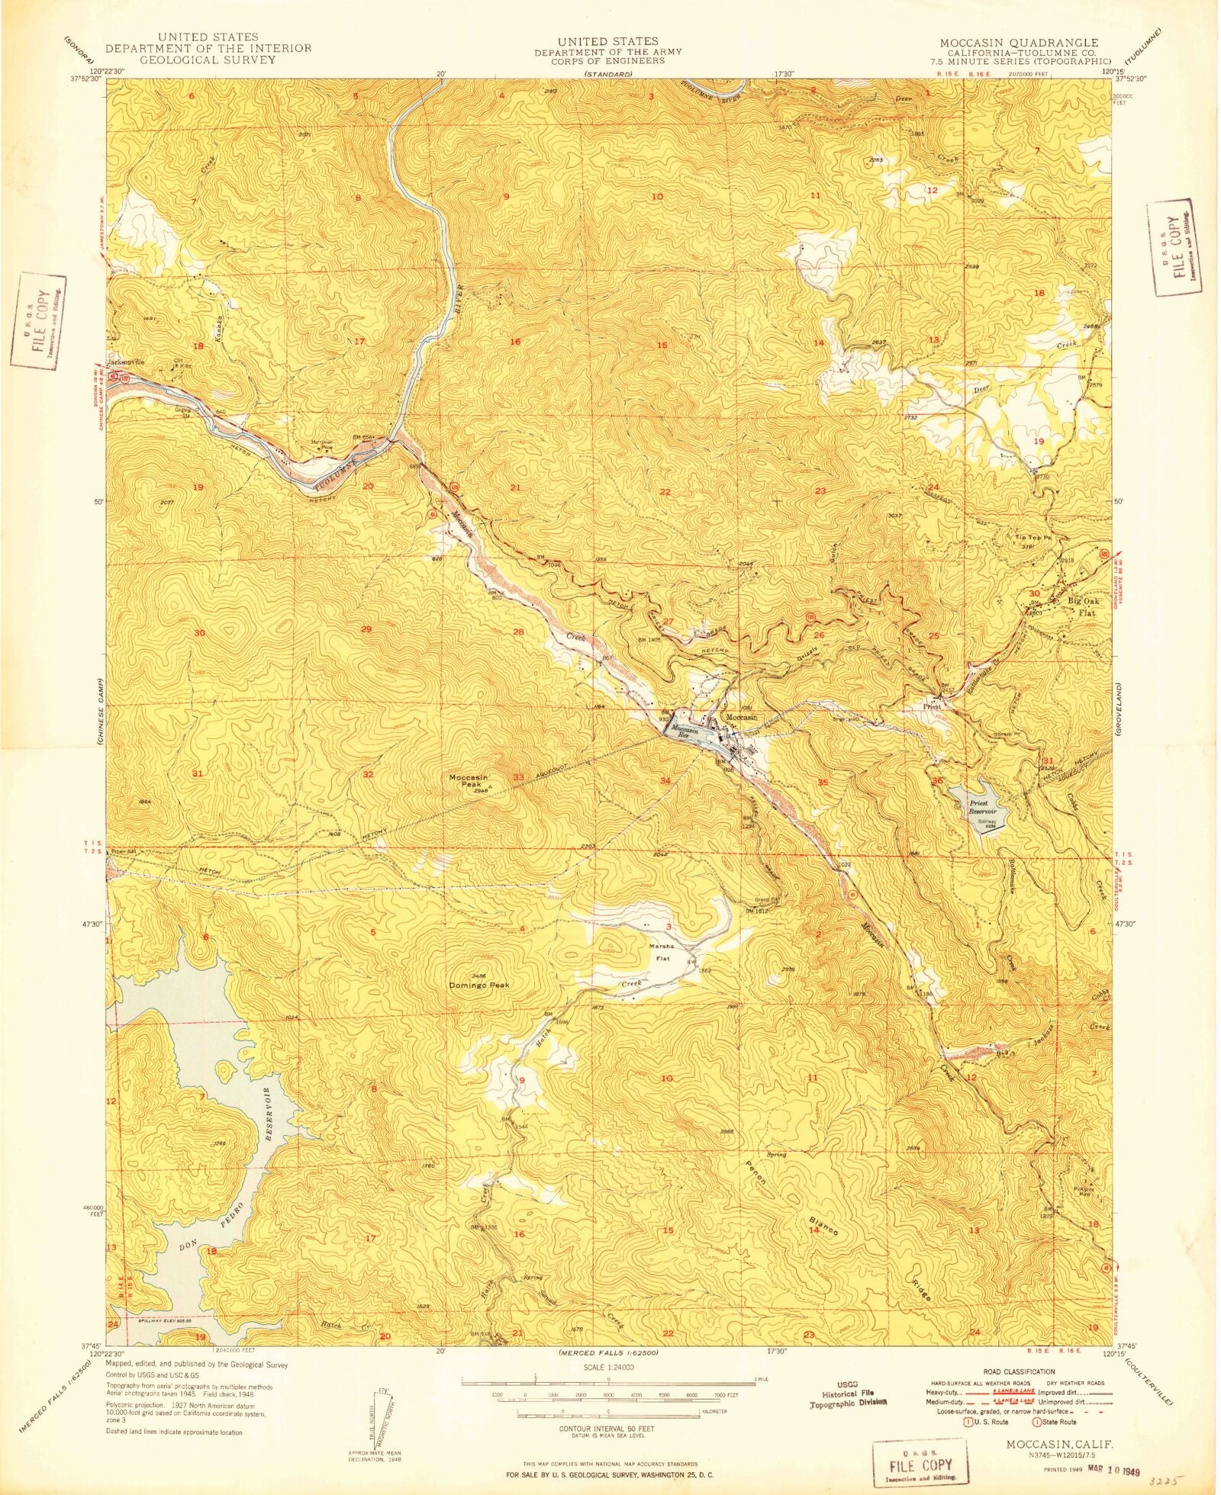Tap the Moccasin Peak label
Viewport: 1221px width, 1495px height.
(x=469, y=781)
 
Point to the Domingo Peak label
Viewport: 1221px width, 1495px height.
(x=478, y=985)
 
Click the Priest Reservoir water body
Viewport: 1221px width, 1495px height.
(x=981, y=808)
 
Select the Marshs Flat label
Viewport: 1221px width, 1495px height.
(x=662, y=952)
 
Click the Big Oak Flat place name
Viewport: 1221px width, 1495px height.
(x=1082, y=606)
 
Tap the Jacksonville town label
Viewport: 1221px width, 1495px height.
(x=127, y=362)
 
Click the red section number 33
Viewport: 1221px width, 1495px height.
(x=518, y=777)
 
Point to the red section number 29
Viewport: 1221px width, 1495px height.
(x=366, y=629)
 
